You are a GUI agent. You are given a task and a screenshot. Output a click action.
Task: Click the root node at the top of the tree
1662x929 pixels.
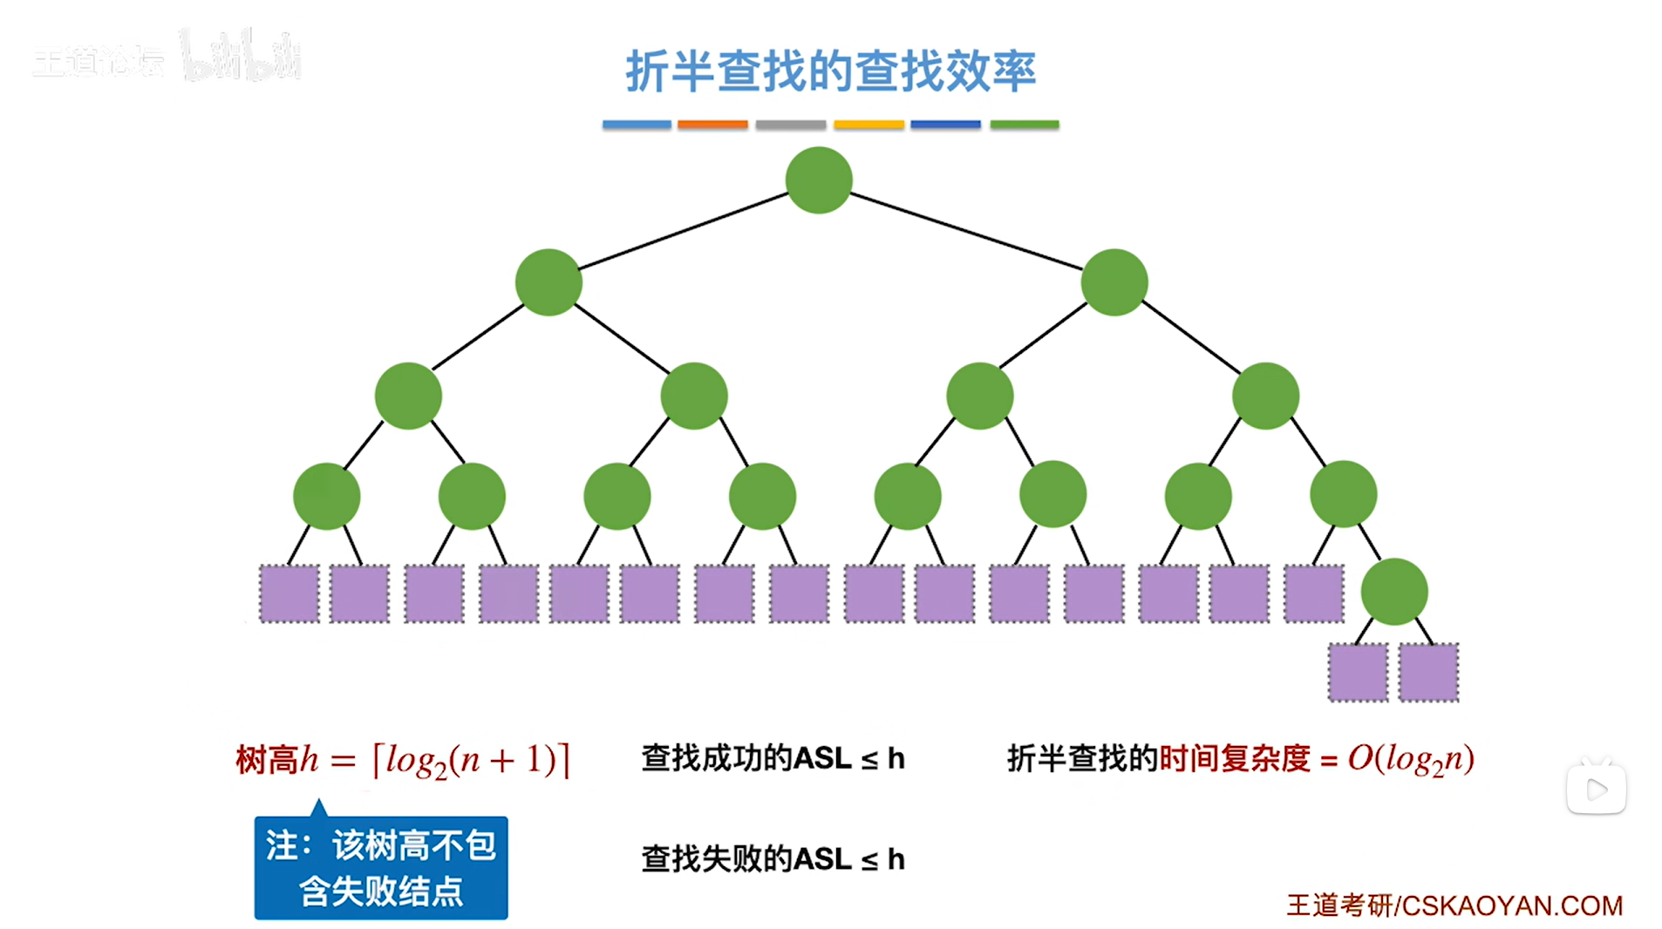(x=818, y=180)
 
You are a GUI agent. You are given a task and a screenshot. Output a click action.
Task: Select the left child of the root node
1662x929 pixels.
(x=548, y=282)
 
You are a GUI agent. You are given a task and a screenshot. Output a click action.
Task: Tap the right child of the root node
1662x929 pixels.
(x=1114, y=282)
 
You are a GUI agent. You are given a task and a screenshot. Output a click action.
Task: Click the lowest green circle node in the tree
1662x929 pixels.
(x=1393, y=592)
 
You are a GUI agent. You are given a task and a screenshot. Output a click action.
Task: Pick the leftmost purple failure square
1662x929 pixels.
(x=289, y=593)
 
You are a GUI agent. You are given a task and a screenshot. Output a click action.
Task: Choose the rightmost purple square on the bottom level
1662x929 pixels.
(x=1428, y=672)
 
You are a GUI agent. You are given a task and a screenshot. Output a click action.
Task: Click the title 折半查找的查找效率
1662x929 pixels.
(x=830, y=71)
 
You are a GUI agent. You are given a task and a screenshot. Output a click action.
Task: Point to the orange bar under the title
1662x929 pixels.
(x=712, y=125)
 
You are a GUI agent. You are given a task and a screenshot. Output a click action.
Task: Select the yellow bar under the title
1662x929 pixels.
(x=868, y=125)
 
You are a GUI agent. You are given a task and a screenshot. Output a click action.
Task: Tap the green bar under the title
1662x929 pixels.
(x=1024, y=125)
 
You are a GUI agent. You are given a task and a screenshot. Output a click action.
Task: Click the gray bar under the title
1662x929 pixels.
(x=790, y=125)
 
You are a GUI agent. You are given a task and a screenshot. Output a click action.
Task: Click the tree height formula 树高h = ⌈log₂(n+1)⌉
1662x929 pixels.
(x=403, y=760)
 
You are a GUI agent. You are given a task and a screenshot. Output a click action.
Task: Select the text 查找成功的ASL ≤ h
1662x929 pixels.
(x=773, y=758)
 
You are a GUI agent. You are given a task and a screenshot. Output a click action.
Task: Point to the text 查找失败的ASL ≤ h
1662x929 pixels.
(x=773, y=859)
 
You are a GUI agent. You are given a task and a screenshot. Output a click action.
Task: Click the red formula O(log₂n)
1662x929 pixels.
(x=1411, y=759)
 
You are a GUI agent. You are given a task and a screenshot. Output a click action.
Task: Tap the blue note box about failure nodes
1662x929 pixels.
(x=381, y=868)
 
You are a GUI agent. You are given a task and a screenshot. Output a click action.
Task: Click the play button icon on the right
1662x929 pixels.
(x=1596, y=790)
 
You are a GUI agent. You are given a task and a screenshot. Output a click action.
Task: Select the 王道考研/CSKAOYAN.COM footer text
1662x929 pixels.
(x=1454, y=905)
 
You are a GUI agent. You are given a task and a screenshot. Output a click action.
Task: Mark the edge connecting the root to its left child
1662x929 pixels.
(x=684, y=231)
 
